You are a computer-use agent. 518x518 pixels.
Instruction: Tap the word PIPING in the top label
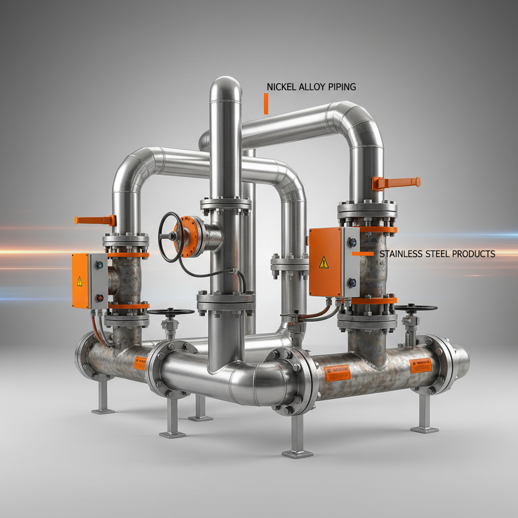click(340, 87)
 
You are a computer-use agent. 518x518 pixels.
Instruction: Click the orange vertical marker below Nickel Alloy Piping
click(266, 103)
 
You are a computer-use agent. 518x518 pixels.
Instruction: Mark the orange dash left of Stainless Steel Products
click(363, 253)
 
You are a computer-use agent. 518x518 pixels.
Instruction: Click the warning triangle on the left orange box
click(79, 282)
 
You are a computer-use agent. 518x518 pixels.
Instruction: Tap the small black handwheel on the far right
click(415, 308)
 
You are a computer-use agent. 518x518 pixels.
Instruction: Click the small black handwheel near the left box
click(170, 312)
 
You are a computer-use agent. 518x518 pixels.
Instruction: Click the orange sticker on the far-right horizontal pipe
click(420, 365)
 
